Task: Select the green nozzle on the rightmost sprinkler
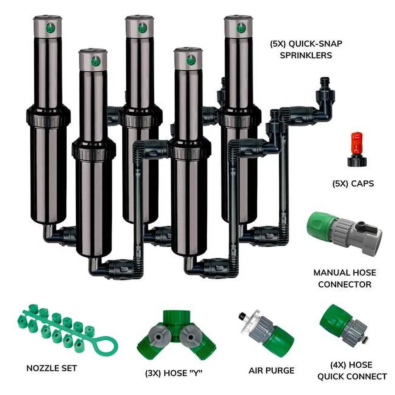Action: tap(241, 28)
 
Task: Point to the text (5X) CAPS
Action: tap(353, 184)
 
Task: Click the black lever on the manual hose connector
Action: tap(361, 225)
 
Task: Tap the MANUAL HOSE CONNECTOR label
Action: tap(345, 278)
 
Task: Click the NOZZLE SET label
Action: tap(52, 368)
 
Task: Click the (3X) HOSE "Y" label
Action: tap(173, 373)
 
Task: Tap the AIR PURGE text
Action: tap(271, 370)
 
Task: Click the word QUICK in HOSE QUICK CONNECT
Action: tap(332, 376)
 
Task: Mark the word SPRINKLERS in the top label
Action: tap(306, 55)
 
